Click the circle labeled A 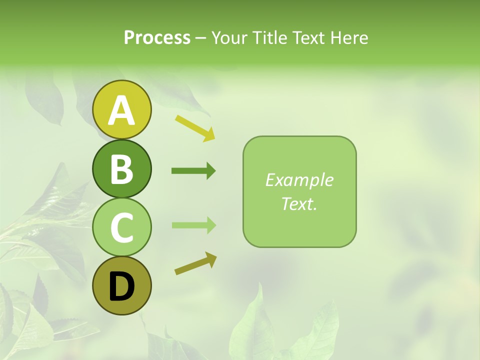click(121, 109)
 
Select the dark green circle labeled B click(121, 168)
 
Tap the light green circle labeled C click(121, 227)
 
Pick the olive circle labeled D click(121, 286)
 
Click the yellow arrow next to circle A click(194, 127)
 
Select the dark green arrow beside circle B click(193, 171)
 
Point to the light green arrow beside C click(193, 225)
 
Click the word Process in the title click(157, 38)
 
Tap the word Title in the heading click(270, 38)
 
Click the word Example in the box click(299, 180)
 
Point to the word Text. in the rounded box click(299, 203)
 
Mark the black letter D click(121, 287)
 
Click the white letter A click(121, 110)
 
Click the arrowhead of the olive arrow click(211, 258)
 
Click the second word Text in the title click(308, 38)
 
